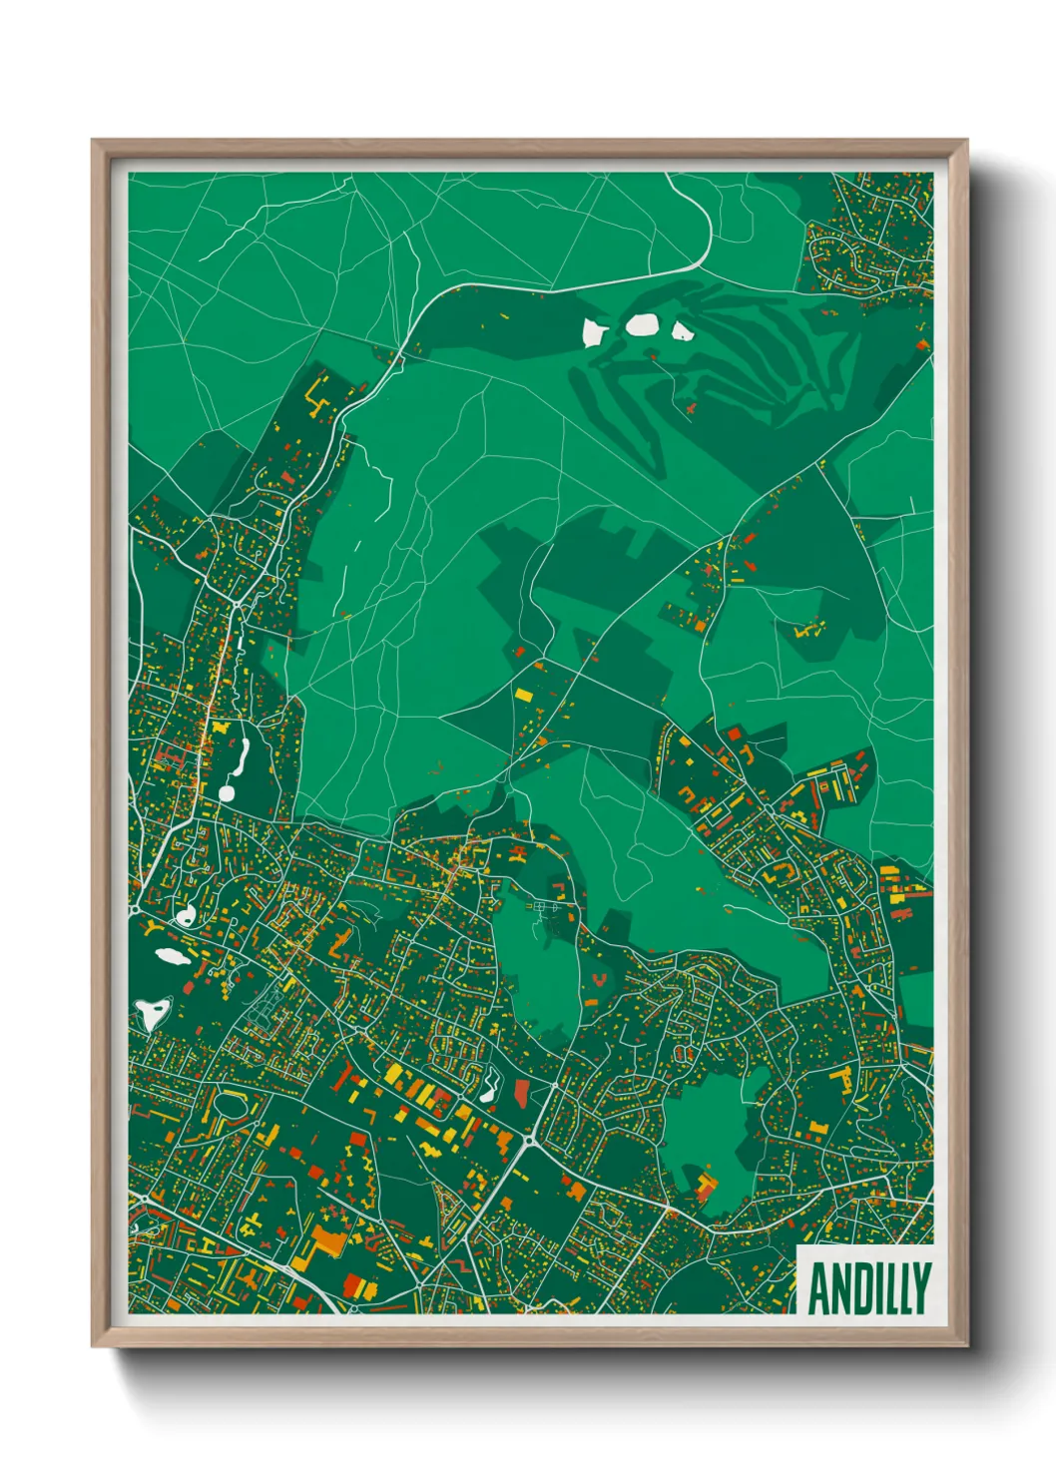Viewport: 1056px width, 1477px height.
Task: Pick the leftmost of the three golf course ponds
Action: [x=595, y=330]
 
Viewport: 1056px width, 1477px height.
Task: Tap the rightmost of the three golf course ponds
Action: [x=683, y=330]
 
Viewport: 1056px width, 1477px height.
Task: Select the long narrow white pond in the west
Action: [x=240, y=757]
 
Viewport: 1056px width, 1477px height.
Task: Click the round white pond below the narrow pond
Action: [x=226, y=793]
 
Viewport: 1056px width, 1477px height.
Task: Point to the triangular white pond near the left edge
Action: [x=152, y=1013]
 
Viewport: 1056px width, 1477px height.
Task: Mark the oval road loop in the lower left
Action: [x=231, y=1105]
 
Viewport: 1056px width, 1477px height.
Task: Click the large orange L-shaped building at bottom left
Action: [x=327, y=1240]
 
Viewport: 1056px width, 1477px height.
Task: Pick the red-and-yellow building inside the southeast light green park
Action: [x=706, y=1187]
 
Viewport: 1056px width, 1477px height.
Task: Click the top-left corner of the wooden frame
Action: [x=94, y=142]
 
